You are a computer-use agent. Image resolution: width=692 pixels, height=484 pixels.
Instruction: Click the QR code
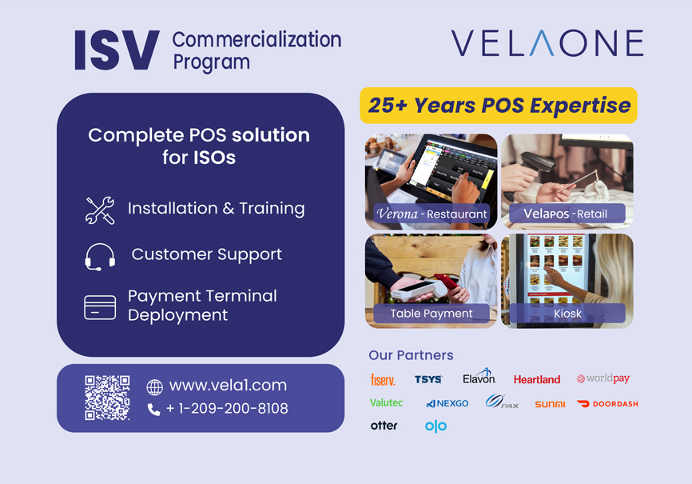click(x=107, y=398)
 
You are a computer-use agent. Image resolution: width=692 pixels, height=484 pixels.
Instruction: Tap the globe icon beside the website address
click(x=154, y=387)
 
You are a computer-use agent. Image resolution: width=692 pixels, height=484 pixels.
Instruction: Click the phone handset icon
click(x=153, y=410)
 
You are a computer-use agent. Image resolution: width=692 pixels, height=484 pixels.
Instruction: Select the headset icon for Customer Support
click(x=100, y=257)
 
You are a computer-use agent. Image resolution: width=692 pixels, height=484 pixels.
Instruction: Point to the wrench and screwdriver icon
click(x=100, y=210)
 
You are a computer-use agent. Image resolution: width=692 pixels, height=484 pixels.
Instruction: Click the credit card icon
click(x=100, y=307)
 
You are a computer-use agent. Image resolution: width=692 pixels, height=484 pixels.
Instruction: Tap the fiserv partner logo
click(x=383, y=380)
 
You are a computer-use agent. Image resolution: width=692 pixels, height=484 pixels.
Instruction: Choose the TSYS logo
click(x=428, y=379)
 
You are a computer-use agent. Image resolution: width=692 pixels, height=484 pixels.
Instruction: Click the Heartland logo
click(x=537, y=379)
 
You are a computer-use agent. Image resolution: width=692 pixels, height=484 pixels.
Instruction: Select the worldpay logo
click(x=603, y=378)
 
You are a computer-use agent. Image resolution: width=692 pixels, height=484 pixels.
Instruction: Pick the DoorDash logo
click(x=607, y=403)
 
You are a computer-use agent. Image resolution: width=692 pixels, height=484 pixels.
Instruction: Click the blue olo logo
click(x=435, y=426)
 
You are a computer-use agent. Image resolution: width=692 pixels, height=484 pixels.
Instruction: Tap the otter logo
click(x=384, y=426)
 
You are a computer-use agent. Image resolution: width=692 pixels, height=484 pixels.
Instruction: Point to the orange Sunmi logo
click(x=550, y=404)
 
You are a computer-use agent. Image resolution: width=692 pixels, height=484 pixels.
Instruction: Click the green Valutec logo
click(x=387, y=402)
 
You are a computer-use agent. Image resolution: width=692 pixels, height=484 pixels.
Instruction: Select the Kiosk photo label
click(x=567, y=314)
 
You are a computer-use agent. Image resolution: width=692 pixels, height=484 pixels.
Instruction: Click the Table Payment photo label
click(x=432, y=314)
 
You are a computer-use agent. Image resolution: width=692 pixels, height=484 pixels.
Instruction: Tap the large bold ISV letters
click(x=117, y=50)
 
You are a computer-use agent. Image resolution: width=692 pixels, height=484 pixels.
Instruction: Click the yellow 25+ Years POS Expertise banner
click(x=499, y=106)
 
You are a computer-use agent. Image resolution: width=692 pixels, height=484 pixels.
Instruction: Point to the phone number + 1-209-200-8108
click(x=227, y=409)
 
